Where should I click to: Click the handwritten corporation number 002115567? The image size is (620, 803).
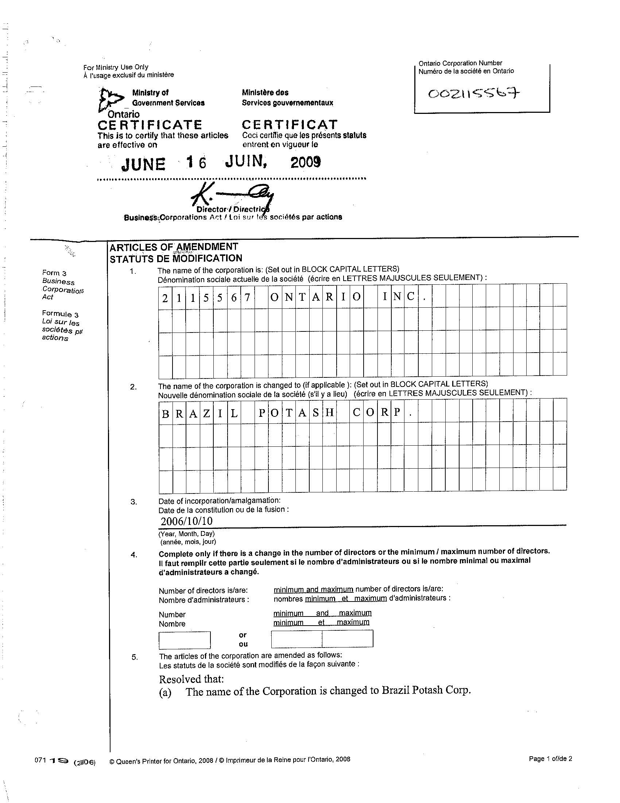[x=473, y=94]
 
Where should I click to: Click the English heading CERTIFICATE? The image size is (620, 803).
[x=150, y=124]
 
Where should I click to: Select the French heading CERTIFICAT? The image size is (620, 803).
[x=290, y=124]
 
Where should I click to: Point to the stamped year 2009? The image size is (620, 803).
[x=306, y=162]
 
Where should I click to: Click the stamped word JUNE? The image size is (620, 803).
[x=143, y=164]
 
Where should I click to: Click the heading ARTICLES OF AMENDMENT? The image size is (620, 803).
[x=174, y=247]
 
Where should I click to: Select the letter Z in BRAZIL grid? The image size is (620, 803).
[x=206, y=414]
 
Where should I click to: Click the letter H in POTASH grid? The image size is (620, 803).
[x=329, y=413]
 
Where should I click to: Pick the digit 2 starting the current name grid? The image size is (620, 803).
[x=165, y=298]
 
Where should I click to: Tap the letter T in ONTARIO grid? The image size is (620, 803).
[x=302, y=297]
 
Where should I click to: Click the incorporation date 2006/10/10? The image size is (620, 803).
[x=187, y=521]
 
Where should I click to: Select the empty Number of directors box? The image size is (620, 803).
[x=185, y=640]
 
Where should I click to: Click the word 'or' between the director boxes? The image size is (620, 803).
[x=243, y=635]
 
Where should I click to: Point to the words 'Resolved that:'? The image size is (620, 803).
[x=191, y=679]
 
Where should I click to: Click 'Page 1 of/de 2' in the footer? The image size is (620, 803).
[x=550, y=758]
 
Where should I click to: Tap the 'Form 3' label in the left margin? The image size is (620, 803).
[x=54, y=273]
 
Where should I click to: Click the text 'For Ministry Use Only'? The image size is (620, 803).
[x=116, y=67]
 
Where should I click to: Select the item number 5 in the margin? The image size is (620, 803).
[x=135, y=657]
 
